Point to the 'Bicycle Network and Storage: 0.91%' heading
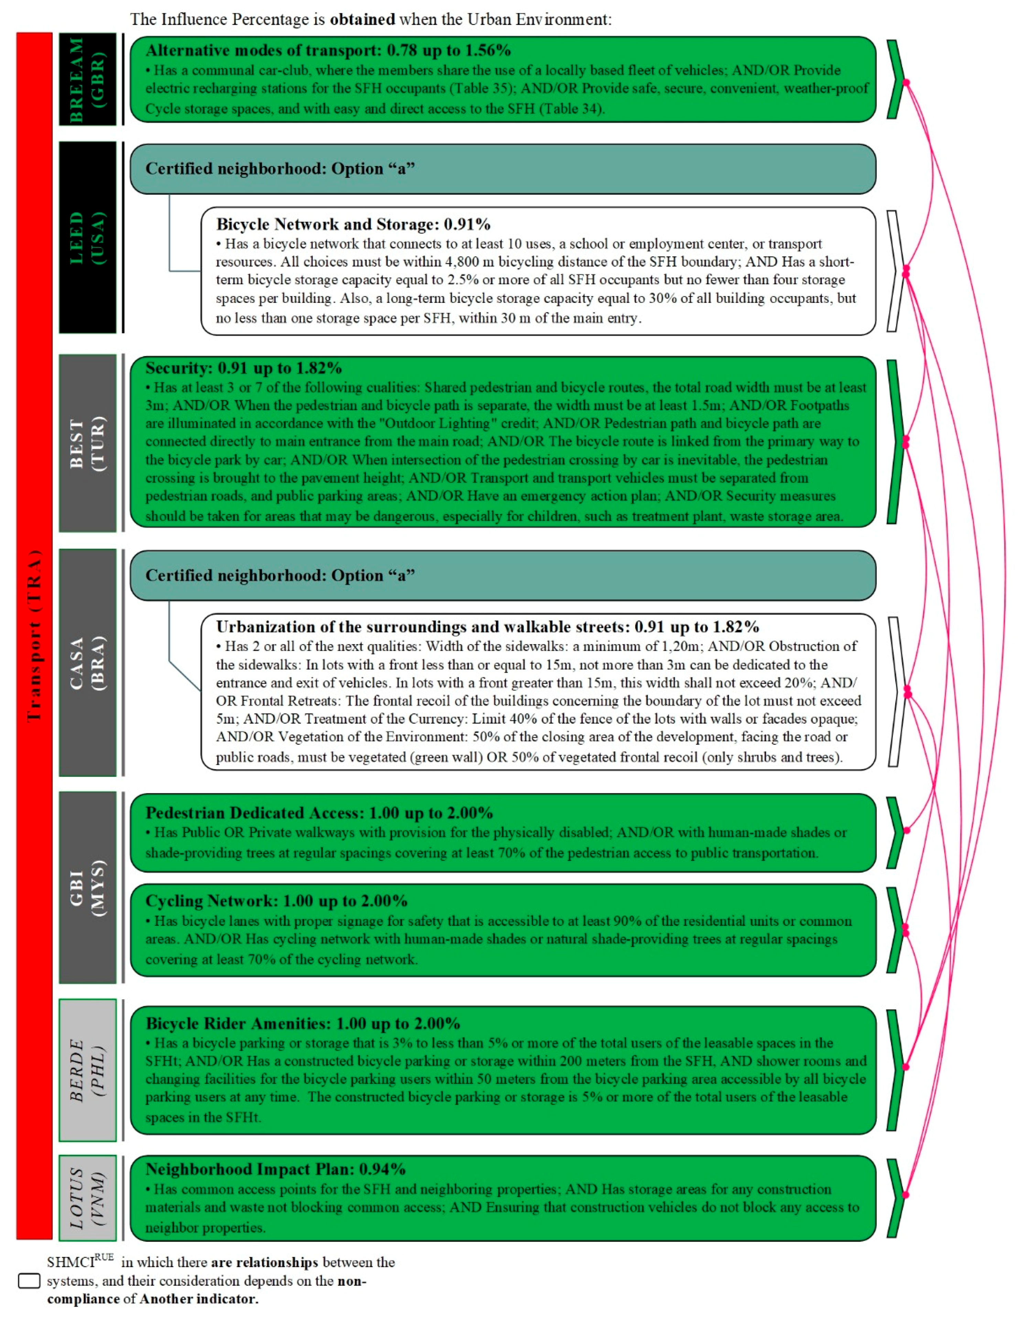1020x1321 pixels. click(x=353, y=224)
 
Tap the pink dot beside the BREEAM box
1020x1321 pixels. click(x=905, y=82)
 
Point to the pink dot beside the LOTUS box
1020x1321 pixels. click(x=905, y=1195)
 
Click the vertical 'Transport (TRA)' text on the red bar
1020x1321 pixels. click(x=34, y=635)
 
